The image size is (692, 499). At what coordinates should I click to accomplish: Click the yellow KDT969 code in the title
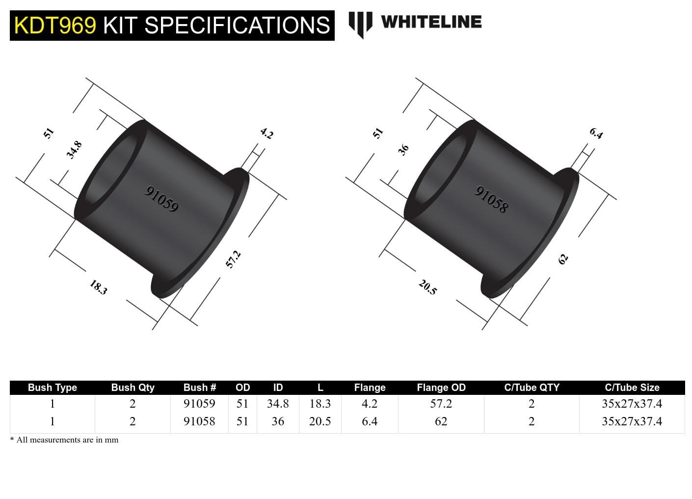point(55,26)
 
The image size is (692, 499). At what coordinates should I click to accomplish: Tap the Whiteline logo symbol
point(360,24)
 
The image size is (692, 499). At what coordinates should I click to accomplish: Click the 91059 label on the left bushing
point(161,199)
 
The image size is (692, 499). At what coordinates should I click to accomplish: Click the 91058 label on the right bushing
point(491,199)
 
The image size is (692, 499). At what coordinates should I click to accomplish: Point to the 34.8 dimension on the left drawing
point(74,150)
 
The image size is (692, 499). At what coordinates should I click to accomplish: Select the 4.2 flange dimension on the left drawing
point(266,133)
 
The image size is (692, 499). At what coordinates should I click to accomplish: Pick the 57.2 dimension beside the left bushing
point(233,259)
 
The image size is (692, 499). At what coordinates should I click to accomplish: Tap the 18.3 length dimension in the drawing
point(98,287)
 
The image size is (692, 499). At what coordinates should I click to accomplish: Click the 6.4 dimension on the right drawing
point(596,133)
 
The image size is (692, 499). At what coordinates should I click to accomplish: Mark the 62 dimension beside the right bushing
point(563,259)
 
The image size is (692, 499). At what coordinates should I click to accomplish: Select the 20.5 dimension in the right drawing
point(427,287)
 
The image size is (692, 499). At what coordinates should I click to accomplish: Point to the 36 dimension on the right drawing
point(403,150)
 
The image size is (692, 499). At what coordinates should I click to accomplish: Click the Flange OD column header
point(441,388)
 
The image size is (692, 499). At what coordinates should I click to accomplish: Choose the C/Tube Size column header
point(632,388)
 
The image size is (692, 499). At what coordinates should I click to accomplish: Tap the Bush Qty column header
point(133,388)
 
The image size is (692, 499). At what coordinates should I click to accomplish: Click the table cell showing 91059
point(199,404)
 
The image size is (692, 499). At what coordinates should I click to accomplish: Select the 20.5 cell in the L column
point(320,421)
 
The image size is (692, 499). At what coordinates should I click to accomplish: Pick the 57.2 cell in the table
point(441,404)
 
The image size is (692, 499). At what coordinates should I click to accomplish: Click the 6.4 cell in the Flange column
point(370,421)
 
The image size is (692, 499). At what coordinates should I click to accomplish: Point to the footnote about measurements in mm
point(64,440)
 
